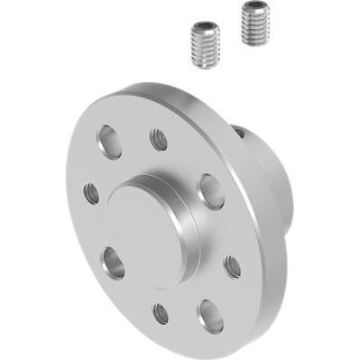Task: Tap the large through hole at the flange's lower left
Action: (115, 263)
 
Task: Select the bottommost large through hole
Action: (210, 315)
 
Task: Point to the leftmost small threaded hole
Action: (92, 192)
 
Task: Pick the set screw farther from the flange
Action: (256, 22)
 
